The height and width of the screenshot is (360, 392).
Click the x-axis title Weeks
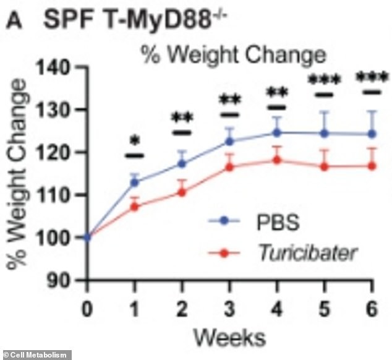[229, 336]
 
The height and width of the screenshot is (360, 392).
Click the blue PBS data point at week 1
[134, 182]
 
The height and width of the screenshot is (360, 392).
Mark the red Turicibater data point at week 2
[182, 192]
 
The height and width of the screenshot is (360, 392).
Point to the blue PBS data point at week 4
[277, 132]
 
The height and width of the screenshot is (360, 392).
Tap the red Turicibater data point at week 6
[372, 166]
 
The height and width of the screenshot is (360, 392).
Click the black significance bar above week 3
[229, 114]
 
